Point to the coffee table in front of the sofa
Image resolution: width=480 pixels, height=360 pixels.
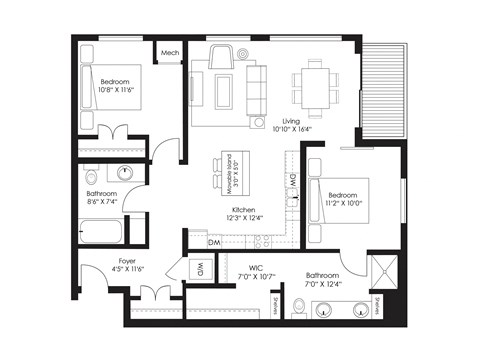pyautogui.click(x=223, y=91)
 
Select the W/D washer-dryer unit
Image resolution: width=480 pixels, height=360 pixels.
pyautogui.click(x=199, y=270)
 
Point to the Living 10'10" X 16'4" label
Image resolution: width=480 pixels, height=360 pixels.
pyautogui.click(x=292, y=125)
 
